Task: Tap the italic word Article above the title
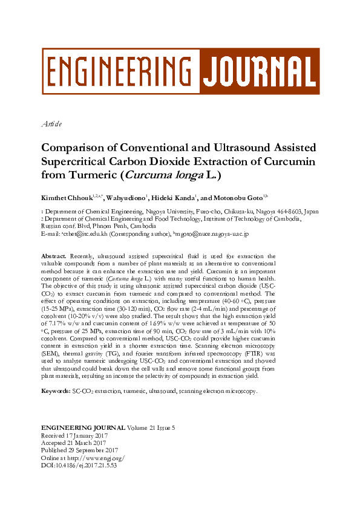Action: pos(51,124)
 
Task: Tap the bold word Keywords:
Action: pos(55,391)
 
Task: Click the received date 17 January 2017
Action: pos(85,435)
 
